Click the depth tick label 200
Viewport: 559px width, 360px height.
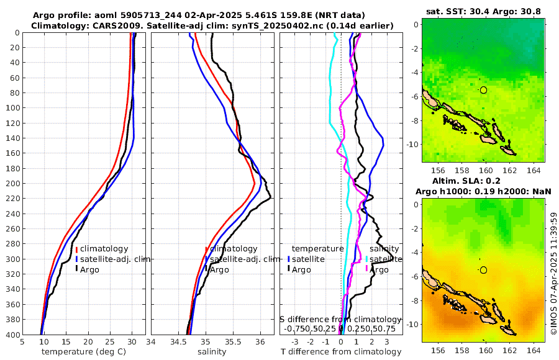pyautogui.click(x=12, y=183)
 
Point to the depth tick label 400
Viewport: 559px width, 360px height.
pyautogui.click(x=12, y=335)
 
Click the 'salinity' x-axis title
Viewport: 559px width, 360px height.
pyautogui.click(x=212, y=352)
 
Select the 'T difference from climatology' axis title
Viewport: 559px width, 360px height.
pyautogui.click(x=342, y=352)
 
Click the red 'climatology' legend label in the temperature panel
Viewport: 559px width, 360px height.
pyautogui.click(x=104, y=249)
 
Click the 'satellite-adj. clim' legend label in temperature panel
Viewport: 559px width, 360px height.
pyautogui.click(x=116, y=259)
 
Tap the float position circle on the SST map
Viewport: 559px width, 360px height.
pyautogui.click(x=484, y=90)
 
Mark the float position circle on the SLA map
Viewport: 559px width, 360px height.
pyautogui.click(x=484, y=270)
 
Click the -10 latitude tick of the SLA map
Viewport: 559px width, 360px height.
pyautogui.click(x=412, y=324)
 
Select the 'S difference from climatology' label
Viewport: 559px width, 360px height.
pyautogui.click(x=341, y=319)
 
